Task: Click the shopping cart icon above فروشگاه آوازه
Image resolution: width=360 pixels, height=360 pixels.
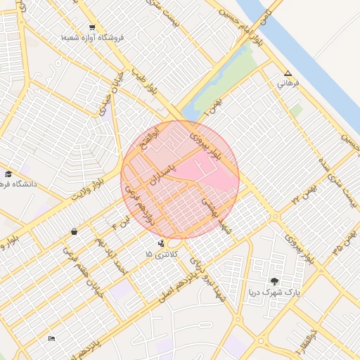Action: tap(92, 27)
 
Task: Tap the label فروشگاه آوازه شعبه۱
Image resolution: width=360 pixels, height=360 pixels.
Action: tap(92, 37)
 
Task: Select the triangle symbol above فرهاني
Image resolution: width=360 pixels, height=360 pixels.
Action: tap(287, 73)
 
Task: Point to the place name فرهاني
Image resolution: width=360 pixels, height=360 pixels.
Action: tap(288, 84)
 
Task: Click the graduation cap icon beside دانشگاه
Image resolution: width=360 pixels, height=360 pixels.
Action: tap(8, 174)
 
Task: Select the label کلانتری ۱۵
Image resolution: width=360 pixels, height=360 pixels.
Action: tap(162, 253)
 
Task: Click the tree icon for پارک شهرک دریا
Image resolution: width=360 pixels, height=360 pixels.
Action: tap(275, 281)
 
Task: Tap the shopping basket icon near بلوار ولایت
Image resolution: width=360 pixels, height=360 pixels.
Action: tap(74, 231)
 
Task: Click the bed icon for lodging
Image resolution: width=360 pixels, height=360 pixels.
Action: tap(51, 339)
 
